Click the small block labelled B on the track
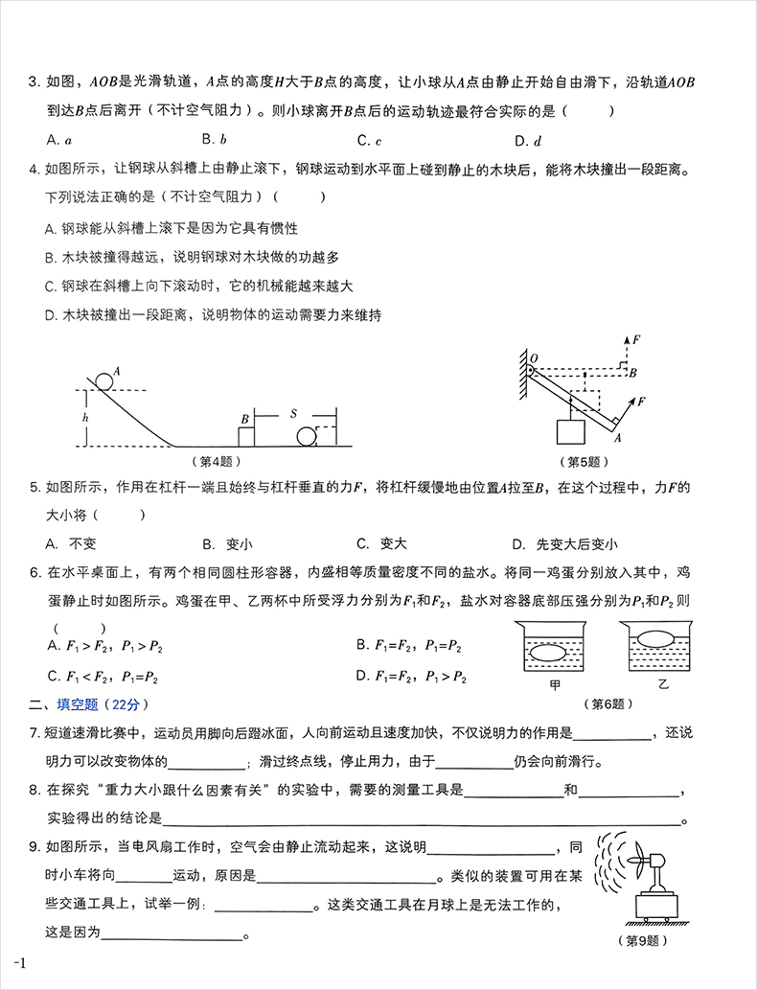point(246,437)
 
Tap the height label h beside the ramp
point(85,418)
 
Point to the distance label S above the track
point(294,414)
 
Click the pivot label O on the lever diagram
point(535,358)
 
